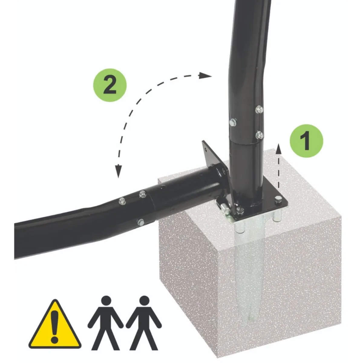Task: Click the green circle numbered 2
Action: pyautogui.click(x=110, y=85)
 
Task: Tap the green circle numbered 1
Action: pyautogui.click(x=306, y=141)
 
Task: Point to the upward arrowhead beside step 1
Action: pyautogui.click(x=279, y=149)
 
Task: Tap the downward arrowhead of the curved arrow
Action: pyautogui.click(x=118, y=171)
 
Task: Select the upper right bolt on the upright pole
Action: pyautogui.click(x=259, y=110)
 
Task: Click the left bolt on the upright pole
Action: pyautogui.click(x=233, y=122)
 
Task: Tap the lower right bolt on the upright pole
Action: pyautogui.click(x=259, y=135)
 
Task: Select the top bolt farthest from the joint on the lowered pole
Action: pyautogui.click(x=123, y=201)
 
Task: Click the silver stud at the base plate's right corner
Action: pyautogui.click(x=278, y=199)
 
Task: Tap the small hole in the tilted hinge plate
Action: pyautogui.click(x=206, y=149)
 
